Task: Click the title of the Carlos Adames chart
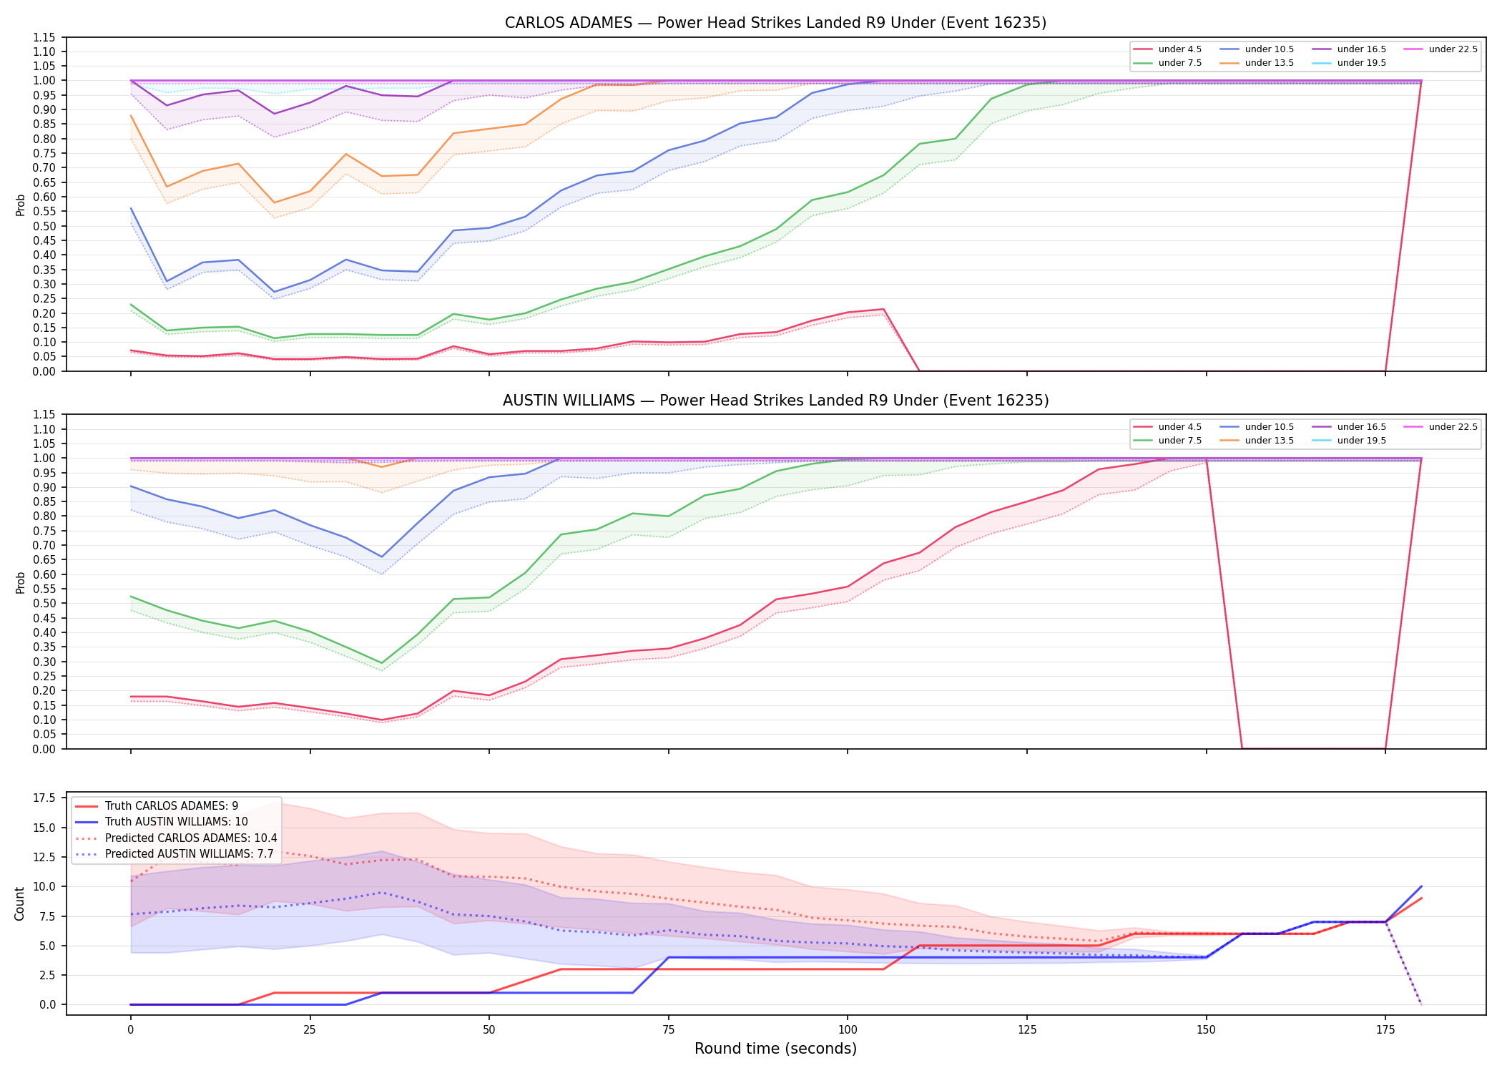[x=775, y=23]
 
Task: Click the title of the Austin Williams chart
[x=775, y=401]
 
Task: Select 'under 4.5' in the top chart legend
[x=1179, y=49]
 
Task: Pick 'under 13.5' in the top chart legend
[x=1269, y=63]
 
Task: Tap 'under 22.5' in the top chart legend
[x=1453, y=49]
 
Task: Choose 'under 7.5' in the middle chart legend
[x=1179, y=441]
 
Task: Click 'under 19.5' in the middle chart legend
[x=1361, y=441]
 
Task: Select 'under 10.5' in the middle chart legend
[x=1269, y=427]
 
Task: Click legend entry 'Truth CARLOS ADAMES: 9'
[x=172, y=806]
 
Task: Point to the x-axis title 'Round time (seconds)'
[x=775, y=1049]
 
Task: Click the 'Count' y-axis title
[x=19, y=903]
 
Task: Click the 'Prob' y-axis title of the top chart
[x=20, y=205]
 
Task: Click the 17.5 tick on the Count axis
[x=46, y=798]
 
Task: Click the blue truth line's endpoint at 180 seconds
[x=1421, y=886]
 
